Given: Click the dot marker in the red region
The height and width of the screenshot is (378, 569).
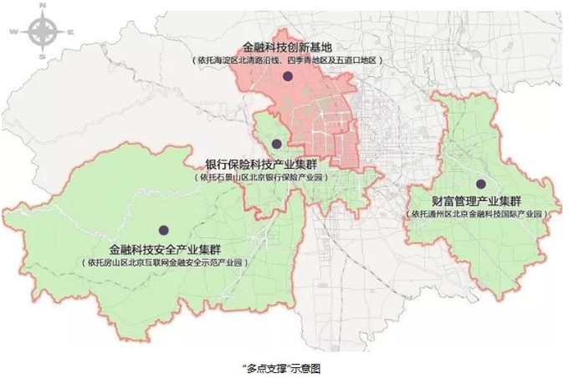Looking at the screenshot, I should coord(287,77).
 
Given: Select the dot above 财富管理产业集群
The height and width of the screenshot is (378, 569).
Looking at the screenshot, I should coord(480,184).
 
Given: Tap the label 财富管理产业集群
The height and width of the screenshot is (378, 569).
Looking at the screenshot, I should coord(477,202).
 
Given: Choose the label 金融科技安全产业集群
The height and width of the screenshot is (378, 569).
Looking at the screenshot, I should coord(166,248).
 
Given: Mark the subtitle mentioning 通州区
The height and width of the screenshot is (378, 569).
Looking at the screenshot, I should coord(479,215).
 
